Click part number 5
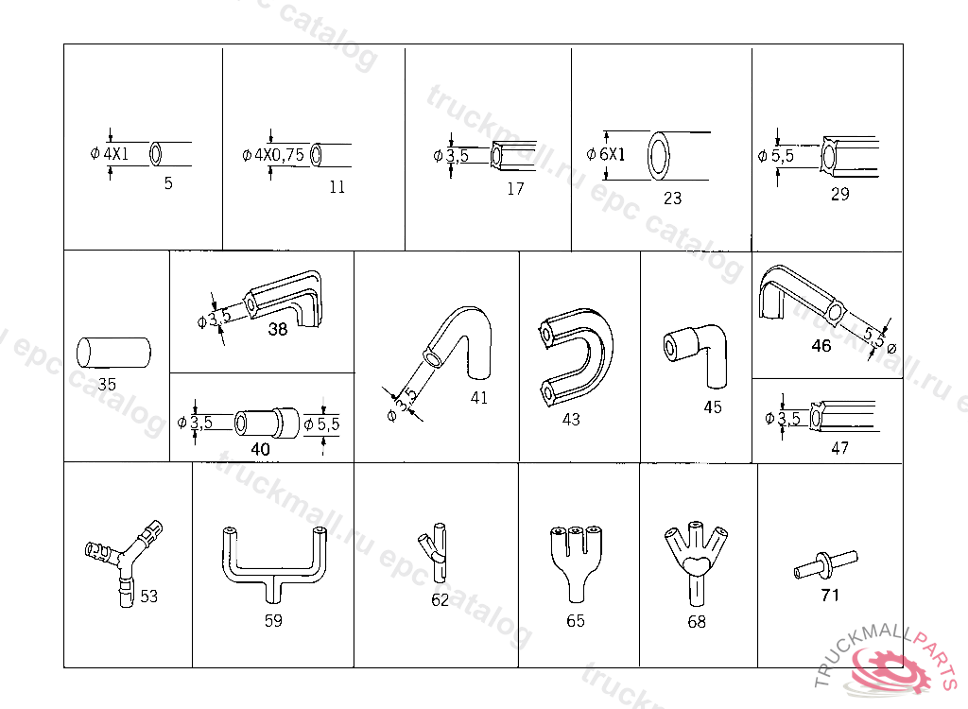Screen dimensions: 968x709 point(168,183)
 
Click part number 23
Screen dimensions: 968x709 point(672,199)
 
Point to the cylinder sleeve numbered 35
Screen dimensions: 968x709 point(113,352)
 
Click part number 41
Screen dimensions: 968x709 point(479,398)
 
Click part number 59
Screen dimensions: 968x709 point(273,621)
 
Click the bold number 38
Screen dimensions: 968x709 point(278,330)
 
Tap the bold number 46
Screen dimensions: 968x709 point(821,346)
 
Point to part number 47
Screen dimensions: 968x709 point(839,448)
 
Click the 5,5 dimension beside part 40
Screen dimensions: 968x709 point(327,424)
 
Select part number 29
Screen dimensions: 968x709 point(839,195)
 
